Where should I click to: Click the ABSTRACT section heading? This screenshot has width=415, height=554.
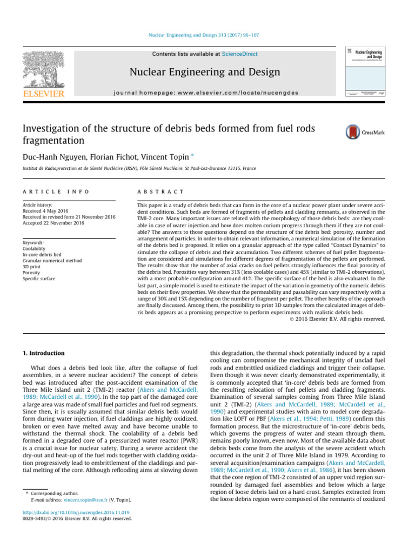tap(161, 192)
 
